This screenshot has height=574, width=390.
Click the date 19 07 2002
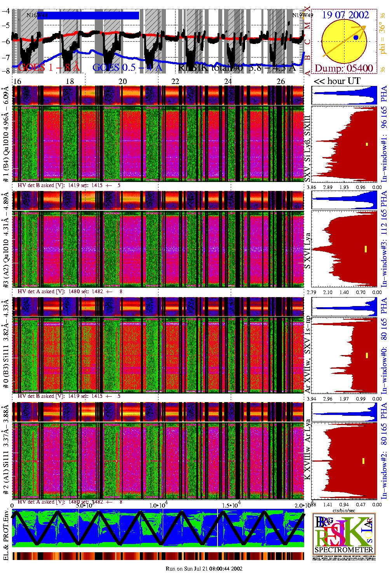point(345,15)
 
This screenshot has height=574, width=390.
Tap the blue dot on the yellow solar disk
point(356,38)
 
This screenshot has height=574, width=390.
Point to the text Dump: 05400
point(344,68)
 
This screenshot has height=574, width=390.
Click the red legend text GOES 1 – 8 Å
point(49,67)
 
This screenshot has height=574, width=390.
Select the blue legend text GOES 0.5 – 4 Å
point(127,67)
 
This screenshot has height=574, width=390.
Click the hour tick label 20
point(122,81)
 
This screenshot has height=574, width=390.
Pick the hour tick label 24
point(228,81)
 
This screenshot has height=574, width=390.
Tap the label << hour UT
point(337,81)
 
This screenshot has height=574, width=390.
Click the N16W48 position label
point(37,16)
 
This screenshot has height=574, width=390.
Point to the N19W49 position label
point(302,16)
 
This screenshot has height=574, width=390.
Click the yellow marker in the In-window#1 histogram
point(367,144)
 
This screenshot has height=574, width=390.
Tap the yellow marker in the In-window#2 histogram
point(363,461)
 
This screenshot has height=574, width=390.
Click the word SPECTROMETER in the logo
point(344,550)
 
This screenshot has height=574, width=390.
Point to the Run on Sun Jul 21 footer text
point(204,569)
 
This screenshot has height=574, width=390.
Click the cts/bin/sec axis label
point(344,510)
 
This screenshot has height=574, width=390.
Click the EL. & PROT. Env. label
point(6,535)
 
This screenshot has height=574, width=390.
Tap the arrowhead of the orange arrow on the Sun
point(364,27)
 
